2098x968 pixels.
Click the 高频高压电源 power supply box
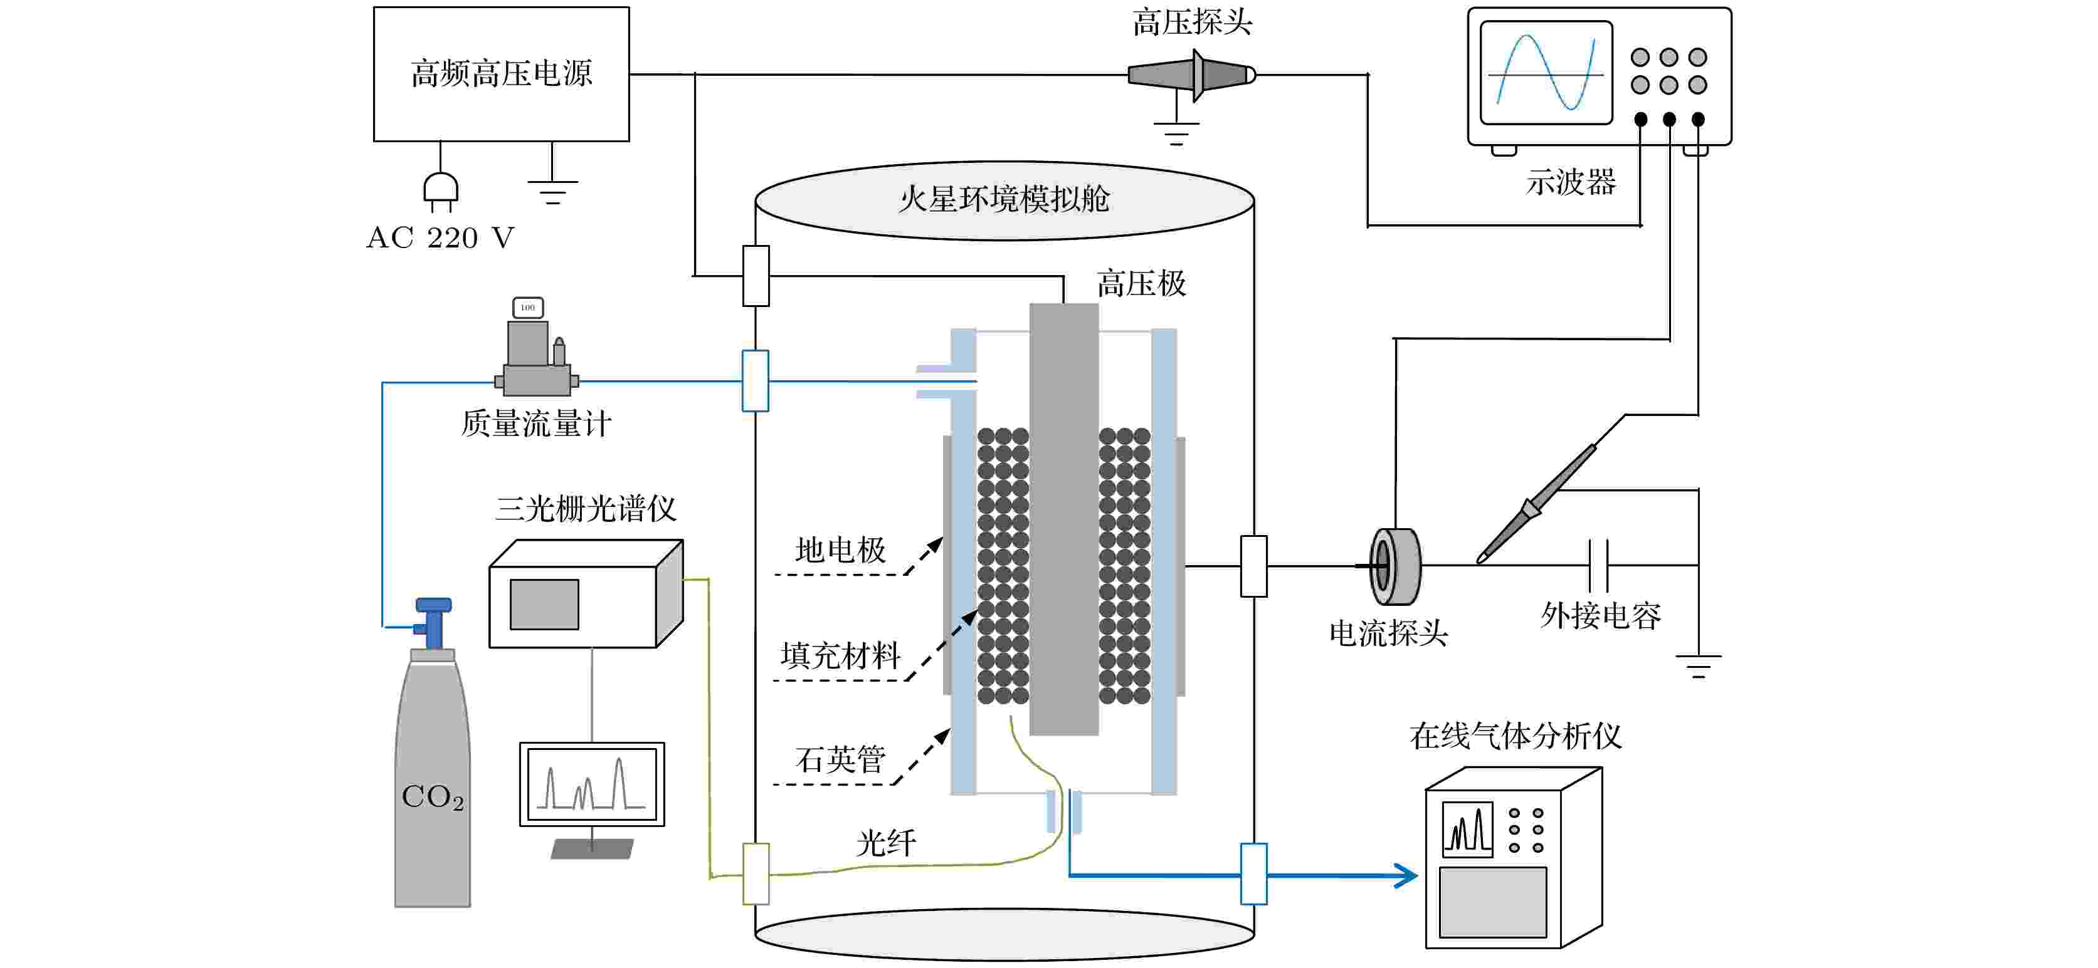coord(501,74)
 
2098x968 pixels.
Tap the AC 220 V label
coord(441,237)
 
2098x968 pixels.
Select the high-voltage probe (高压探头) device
coord(1191,75)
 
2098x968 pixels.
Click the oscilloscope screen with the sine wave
coord(1545,73)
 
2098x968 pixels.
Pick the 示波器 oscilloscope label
coord(1570,182)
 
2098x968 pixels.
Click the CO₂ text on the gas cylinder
coord(433,797)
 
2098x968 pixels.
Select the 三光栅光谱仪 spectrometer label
coord(586,509)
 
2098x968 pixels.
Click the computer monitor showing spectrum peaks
coord(592,784)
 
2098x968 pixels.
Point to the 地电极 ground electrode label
coord(840,550)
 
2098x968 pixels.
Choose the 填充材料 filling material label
coord(840,655)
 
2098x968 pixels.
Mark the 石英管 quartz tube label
coord(840,759)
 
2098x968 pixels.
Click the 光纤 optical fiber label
coord(886,843)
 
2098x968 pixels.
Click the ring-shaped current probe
coord(1394,566)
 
